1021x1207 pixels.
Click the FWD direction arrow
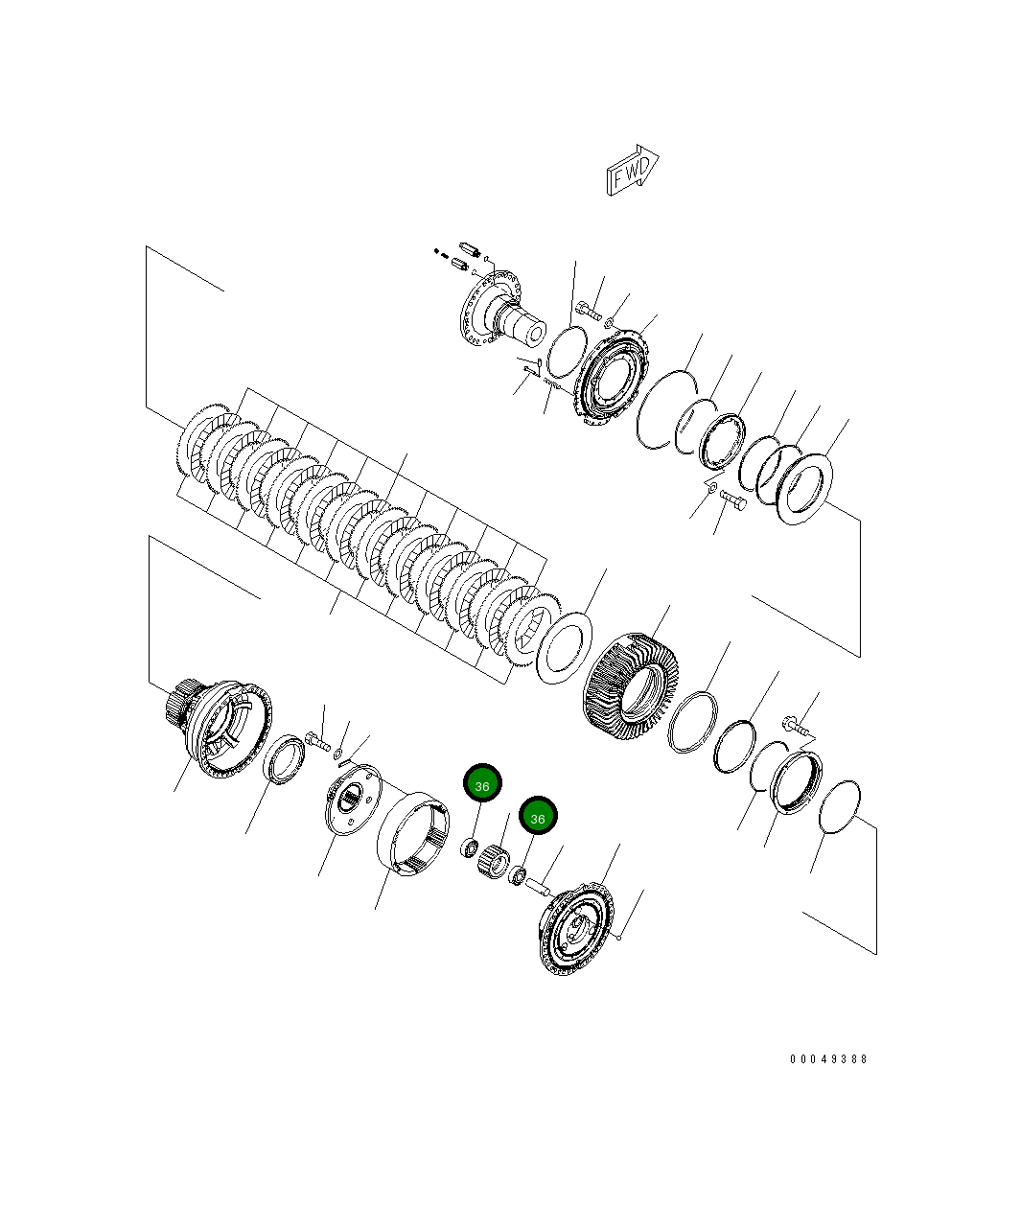pos(632,171)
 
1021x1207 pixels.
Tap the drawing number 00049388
pos(828,1059)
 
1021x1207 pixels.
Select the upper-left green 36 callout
pos(482,785)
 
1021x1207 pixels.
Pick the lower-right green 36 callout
pos(538,818)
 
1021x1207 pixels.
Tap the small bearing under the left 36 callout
pos(470,847)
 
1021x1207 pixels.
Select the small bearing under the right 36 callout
pos(518,874)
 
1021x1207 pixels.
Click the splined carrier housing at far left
pos(219,728)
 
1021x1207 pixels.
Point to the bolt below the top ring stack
pos(734,499)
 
